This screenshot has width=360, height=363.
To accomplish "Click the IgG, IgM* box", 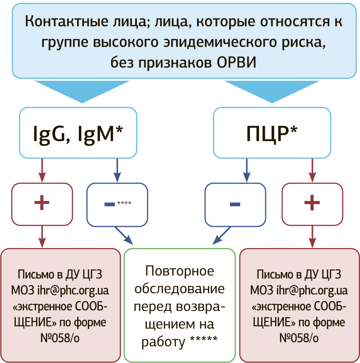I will (78, 133).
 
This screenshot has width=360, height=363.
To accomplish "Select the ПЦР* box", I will (272, 133).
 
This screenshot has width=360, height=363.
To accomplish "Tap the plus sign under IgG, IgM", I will (42, 203).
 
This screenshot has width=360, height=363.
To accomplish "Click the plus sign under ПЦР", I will (312, 203).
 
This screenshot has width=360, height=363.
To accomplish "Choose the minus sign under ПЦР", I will (235, 204).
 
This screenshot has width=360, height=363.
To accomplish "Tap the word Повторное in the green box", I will (179, 271).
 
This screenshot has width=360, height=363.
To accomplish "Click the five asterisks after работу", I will (203, 341).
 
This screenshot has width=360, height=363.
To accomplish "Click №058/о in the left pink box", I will (60, 338).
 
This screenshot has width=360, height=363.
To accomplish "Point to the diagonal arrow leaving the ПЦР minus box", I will (221, 236).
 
